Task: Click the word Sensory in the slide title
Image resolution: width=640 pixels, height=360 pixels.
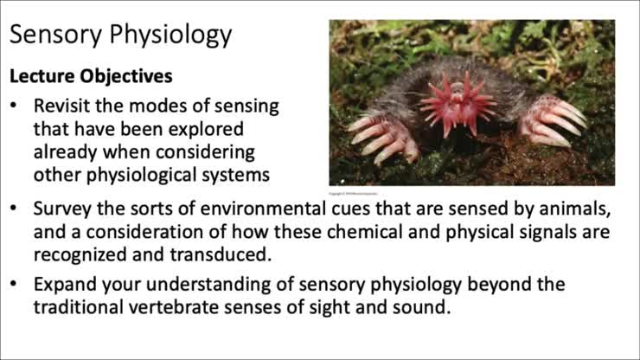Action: coord(57,35)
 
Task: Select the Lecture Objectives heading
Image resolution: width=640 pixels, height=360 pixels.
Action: coord(91,76)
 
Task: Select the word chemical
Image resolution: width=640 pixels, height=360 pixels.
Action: coord(382,233)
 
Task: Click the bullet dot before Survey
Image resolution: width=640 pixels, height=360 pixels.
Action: coord(15,210)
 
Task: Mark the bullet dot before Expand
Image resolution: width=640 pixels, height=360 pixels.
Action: coord(15,285)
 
